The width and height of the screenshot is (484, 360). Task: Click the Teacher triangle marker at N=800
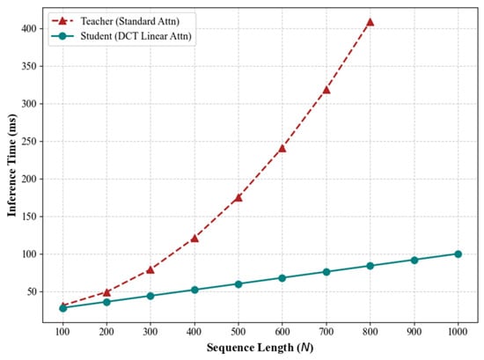pos(370,22)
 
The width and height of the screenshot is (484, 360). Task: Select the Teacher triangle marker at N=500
pos(238,197)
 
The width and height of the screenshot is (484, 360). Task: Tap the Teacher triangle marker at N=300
pos(150,270)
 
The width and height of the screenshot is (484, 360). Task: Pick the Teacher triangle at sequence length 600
pos(282,149)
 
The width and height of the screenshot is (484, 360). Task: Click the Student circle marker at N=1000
pos(458,254)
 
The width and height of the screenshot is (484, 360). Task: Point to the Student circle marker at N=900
pos(414,260)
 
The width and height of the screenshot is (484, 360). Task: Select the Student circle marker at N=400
pos(194,290)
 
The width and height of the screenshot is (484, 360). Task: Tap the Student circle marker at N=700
pos(326,272)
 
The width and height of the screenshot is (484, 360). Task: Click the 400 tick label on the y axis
pos(29,28)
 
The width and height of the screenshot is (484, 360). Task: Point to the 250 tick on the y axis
pos(29,142)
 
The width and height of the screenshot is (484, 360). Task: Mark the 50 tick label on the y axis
pos(32,291)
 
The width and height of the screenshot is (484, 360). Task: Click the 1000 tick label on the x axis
pos(458,332)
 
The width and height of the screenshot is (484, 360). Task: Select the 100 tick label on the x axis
pos(62,332)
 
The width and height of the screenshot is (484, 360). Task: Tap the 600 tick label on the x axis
pos(282,332)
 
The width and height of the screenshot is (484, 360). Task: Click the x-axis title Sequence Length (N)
pos(260,348)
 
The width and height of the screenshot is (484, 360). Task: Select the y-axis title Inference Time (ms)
pos(11,165)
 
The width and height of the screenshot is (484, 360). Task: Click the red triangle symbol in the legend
pos(62,21)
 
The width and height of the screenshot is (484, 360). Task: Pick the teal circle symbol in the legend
pos(62,36)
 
